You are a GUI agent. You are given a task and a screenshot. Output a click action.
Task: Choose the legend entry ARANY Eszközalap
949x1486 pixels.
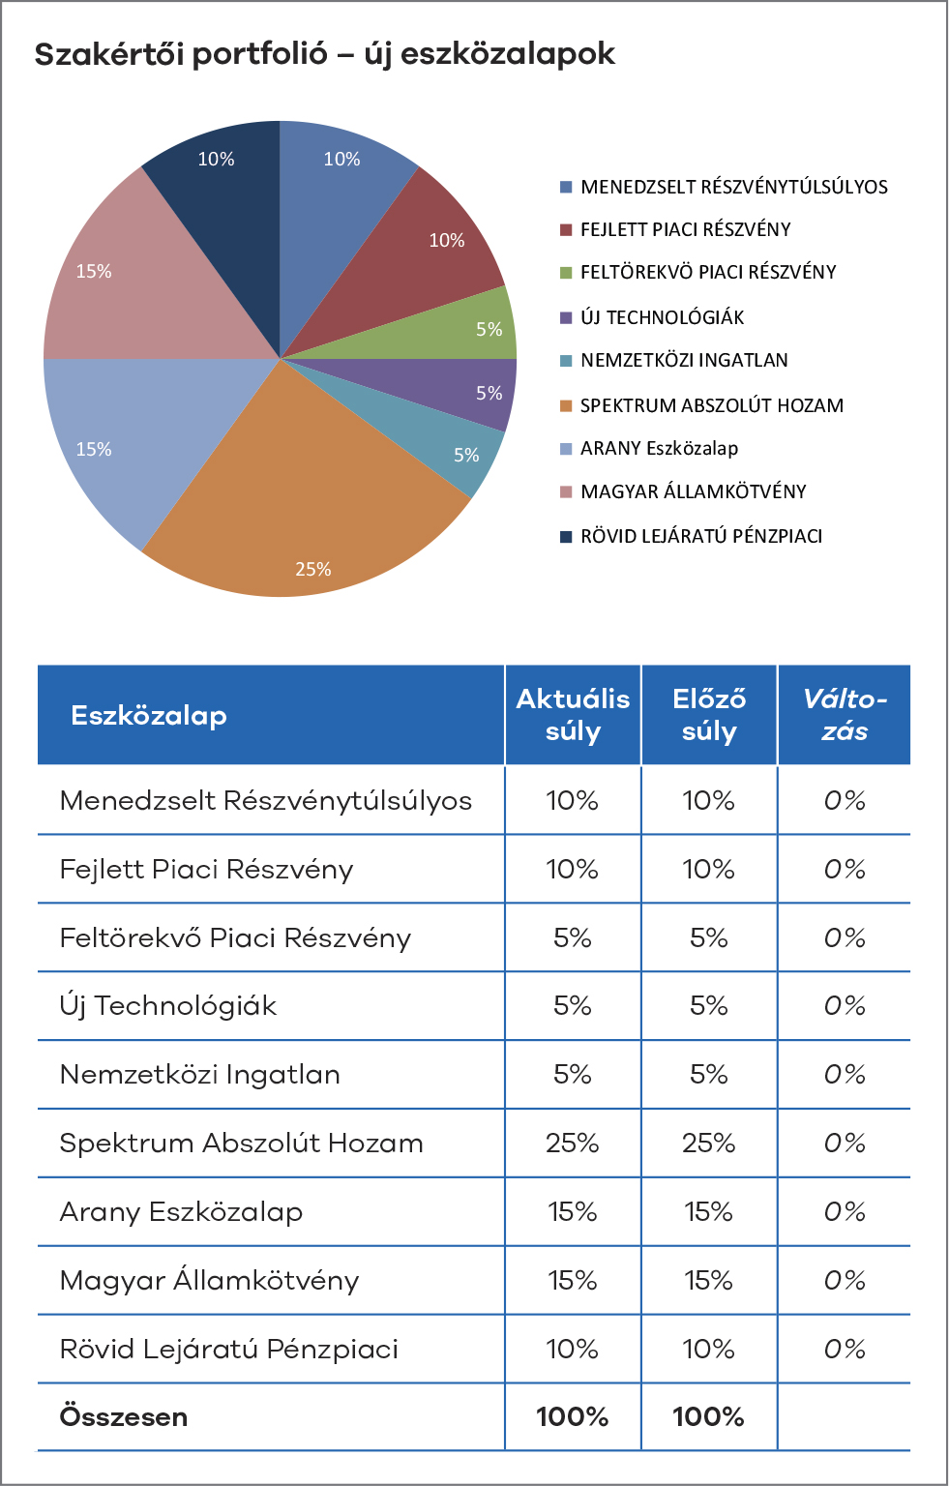click(x=659, y=449)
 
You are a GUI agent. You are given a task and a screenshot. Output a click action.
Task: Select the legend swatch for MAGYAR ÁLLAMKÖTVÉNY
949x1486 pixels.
click(x=566, y=491)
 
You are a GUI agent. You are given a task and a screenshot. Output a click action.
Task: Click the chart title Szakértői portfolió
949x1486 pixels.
click(x=181, y=54)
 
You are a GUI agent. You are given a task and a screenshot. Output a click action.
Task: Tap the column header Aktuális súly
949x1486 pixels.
click(x=573, y=715)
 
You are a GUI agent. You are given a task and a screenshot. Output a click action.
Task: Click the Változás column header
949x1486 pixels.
click(x=845, y=715)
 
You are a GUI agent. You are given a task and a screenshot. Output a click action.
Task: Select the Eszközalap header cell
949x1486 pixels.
click(x=149, y=716)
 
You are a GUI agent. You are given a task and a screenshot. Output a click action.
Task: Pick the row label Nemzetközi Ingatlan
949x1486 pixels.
click(x=199, y=1075)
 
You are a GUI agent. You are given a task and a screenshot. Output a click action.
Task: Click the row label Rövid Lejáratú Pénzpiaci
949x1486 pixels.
click(x=229, y=1350)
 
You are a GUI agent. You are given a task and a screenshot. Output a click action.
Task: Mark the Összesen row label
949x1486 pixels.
click(x=124, y=1417)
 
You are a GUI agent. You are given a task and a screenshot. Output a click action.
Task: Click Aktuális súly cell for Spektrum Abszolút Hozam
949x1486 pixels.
click(x=573, y=1143)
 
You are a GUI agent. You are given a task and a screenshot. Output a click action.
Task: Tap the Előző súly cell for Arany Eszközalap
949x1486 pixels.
click(x=708, y=1212)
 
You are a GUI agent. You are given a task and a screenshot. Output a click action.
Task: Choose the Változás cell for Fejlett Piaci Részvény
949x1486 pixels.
click(x=845, y=869)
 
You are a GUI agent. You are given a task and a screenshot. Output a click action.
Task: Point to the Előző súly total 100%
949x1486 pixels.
click(x=708, y=1417)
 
